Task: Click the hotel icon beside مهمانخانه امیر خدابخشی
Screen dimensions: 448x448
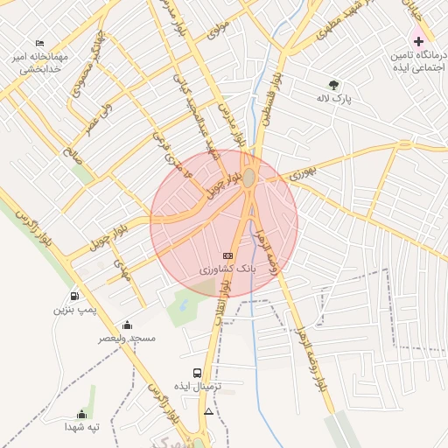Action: point(39,43)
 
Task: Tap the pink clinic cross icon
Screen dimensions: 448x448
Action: point(418,41)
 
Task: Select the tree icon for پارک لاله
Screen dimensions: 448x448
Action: point(332,85)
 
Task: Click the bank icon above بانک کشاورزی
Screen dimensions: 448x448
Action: point(228,255)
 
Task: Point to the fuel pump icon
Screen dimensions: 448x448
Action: point(73,296)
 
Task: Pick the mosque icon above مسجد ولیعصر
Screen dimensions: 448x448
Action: point(128,325)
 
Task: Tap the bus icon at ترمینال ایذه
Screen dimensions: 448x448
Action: point(197,373)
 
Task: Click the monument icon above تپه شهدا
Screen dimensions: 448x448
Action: point(82,414)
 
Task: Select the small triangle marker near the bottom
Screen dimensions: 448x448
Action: point(208,410)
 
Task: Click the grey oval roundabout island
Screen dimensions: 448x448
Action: point(249,178)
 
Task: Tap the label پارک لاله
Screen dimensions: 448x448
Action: point(332,100)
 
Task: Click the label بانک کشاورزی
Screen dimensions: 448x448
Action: point(228,270)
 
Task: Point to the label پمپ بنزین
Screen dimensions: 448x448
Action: point(73,310)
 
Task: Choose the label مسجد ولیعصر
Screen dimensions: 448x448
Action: point(128,338)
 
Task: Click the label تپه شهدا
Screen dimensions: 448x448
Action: point(82,427)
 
